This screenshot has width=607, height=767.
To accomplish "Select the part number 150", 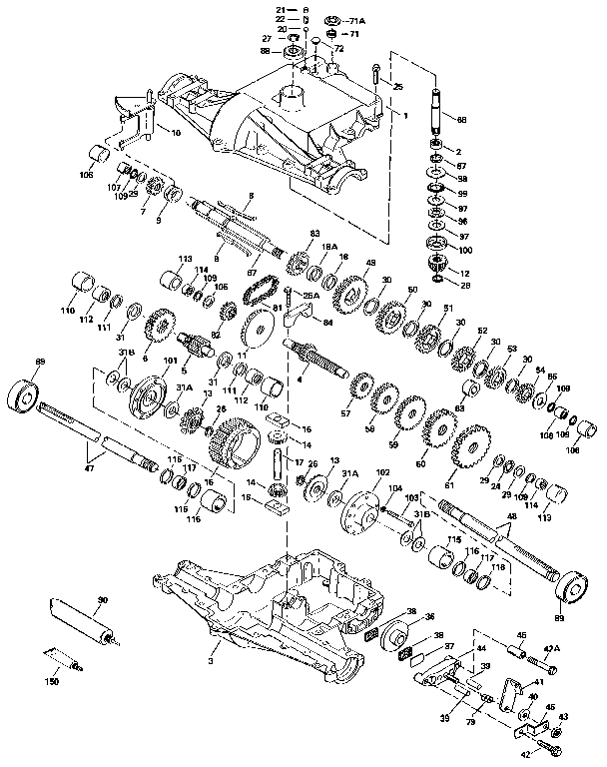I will (52, 681).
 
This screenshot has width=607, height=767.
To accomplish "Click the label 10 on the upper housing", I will (177, 132).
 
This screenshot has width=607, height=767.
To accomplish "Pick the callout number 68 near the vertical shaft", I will (461, 120).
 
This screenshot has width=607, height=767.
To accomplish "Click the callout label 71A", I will (358, 20).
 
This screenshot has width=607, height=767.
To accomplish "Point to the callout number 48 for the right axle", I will (513, 517).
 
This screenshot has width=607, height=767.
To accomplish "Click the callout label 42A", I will (551, 648).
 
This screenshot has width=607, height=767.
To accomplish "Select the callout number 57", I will (346, 411).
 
